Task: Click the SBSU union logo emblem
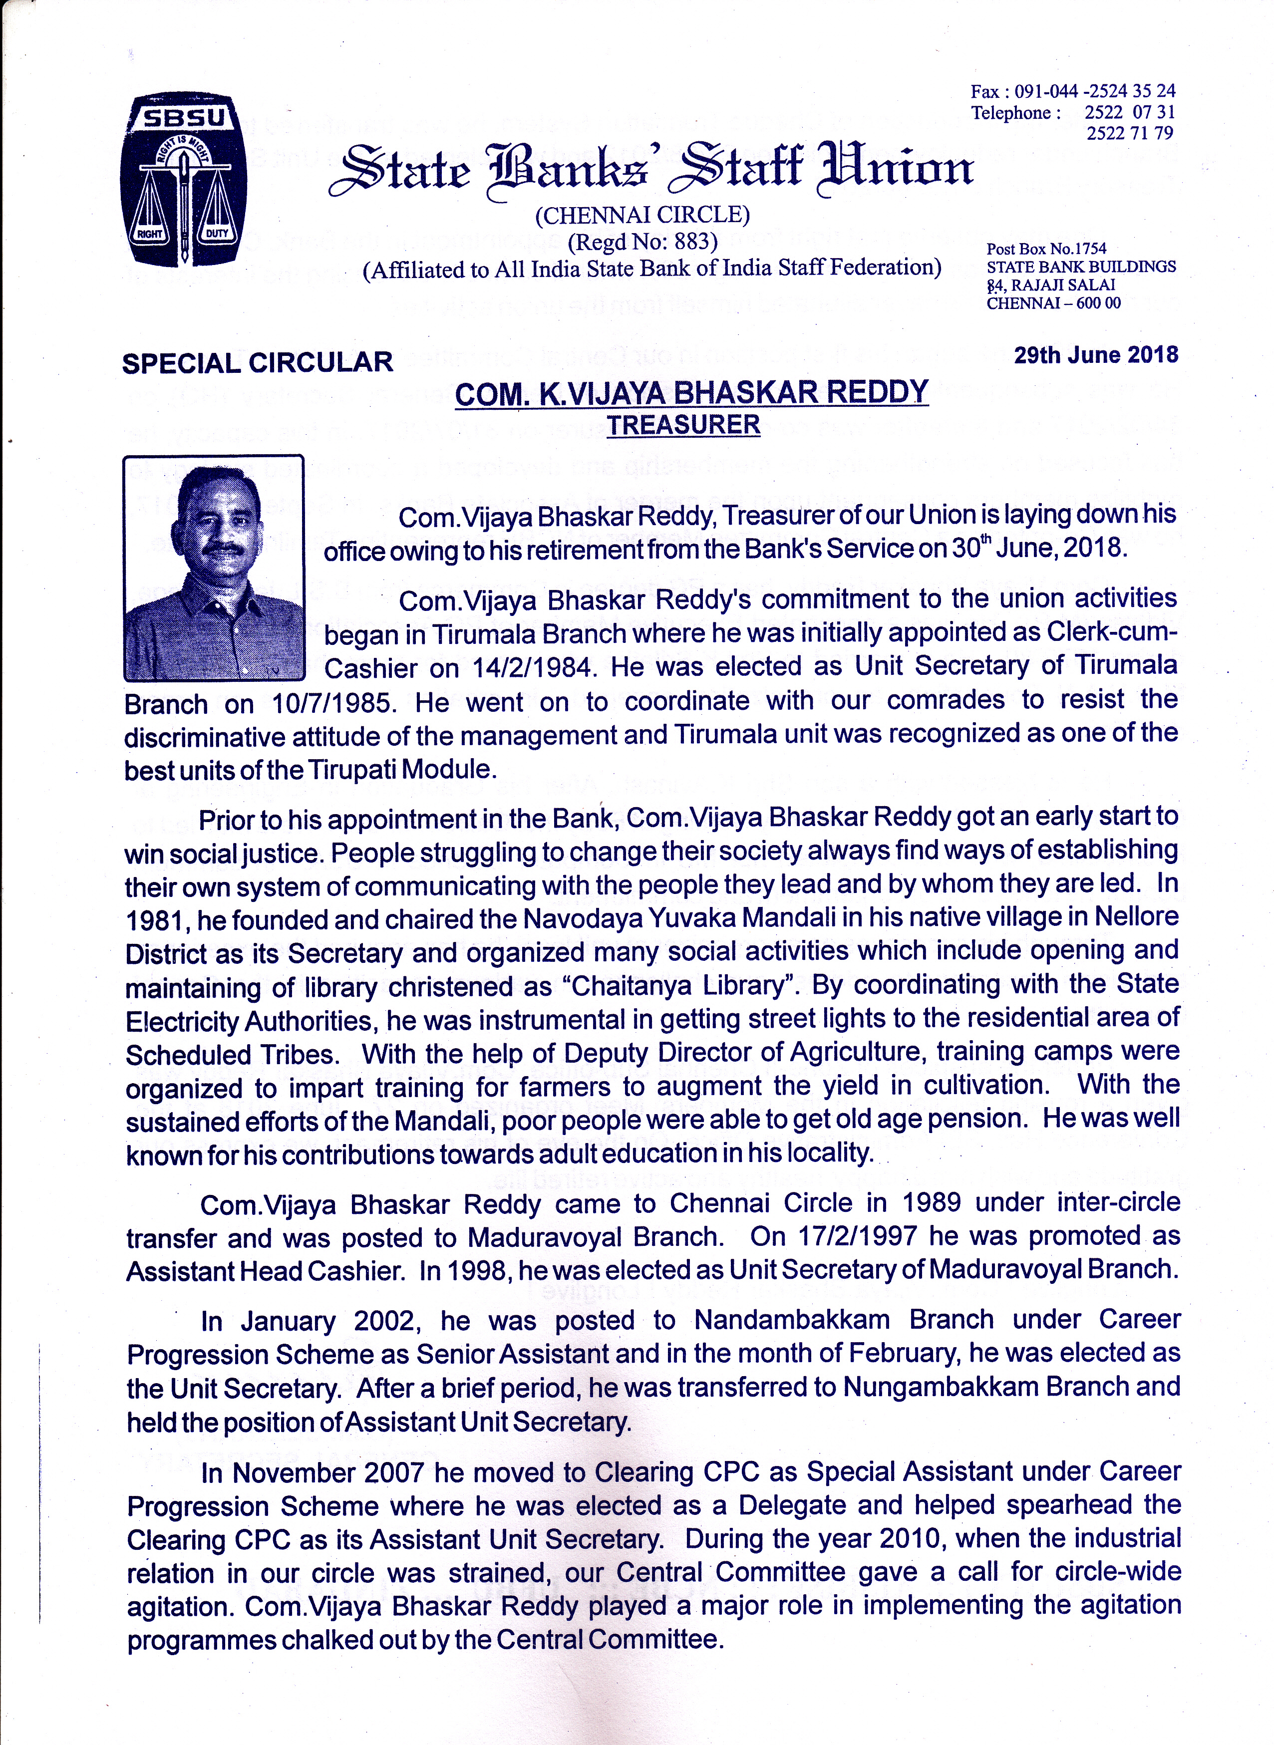(184, 180)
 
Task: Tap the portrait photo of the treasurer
(214, 569)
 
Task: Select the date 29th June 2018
(1096, 355)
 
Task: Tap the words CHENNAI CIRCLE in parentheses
(642, 215)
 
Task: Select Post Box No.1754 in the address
(1046, 248)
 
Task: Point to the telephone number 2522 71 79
(1130, 133)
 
